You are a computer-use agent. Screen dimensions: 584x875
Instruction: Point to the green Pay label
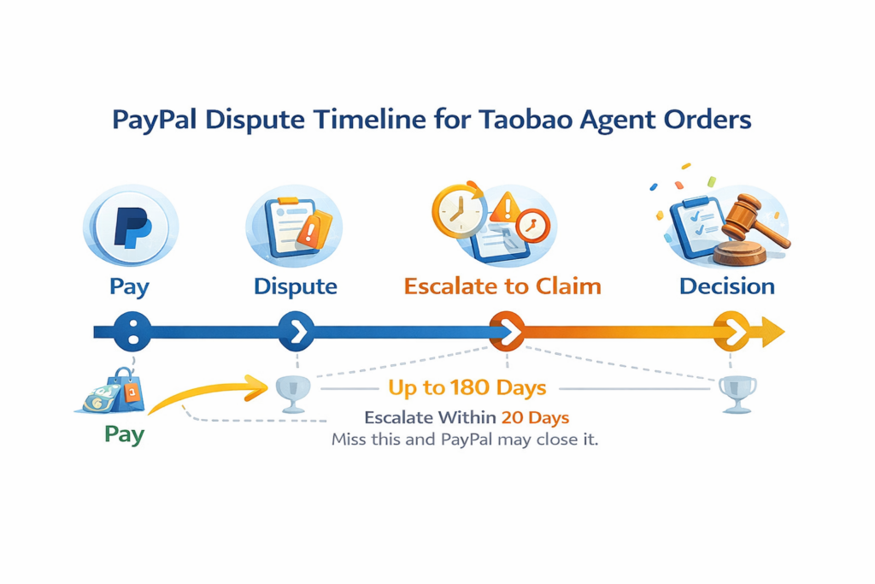point(124,434)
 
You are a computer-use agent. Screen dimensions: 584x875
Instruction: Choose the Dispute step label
point(295,286)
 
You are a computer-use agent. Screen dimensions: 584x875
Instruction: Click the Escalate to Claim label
point(502,286)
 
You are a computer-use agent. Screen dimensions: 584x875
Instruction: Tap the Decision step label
point(726,286)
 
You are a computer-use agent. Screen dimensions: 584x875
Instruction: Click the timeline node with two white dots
point(132,331)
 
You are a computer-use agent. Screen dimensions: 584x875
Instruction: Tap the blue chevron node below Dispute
point(297,331)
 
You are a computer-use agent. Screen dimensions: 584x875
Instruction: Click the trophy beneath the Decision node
point(736,392)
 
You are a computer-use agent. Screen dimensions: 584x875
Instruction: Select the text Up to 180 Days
point(467,388)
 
